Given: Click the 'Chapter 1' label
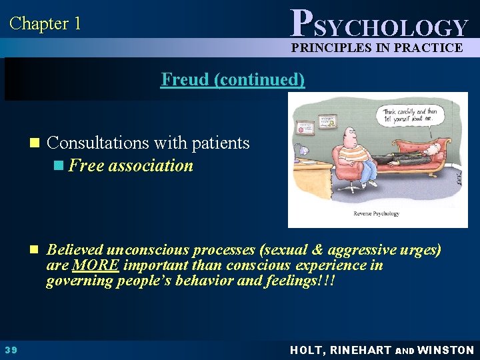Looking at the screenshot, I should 45,24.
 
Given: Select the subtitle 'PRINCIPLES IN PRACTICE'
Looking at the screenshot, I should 377,47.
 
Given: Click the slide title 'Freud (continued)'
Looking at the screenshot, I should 233,79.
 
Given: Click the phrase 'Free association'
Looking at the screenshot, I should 131,165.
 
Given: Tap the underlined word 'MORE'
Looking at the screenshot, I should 96,265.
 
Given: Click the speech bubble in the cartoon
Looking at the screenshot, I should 411,115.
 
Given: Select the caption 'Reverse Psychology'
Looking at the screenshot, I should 377,213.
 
